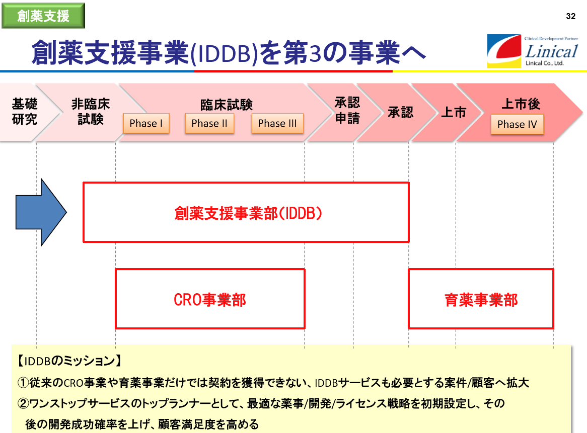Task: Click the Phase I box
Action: (146, 123)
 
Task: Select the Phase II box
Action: (209, 123)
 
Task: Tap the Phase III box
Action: (277, 123)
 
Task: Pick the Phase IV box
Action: (517, 124)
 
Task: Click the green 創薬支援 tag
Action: (43, 16)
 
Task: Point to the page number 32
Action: (570, 17)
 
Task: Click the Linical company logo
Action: (533, 51)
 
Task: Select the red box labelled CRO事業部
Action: (210, 269)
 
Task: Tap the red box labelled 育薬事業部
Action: (481, 269)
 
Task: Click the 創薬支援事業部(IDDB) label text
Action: (248, 214)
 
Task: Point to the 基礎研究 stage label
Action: (25, 112)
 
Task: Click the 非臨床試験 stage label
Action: (91, 112)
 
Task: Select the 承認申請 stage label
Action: (347, 110)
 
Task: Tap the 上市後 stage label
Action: (521, 104)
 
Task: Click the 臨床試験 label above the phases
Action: (227, 105)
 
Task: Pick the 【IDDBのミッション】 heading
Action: (69, 361)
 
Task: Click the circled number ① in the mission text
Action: (23, 383)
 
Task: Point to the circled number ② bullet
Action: (23, 403)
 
